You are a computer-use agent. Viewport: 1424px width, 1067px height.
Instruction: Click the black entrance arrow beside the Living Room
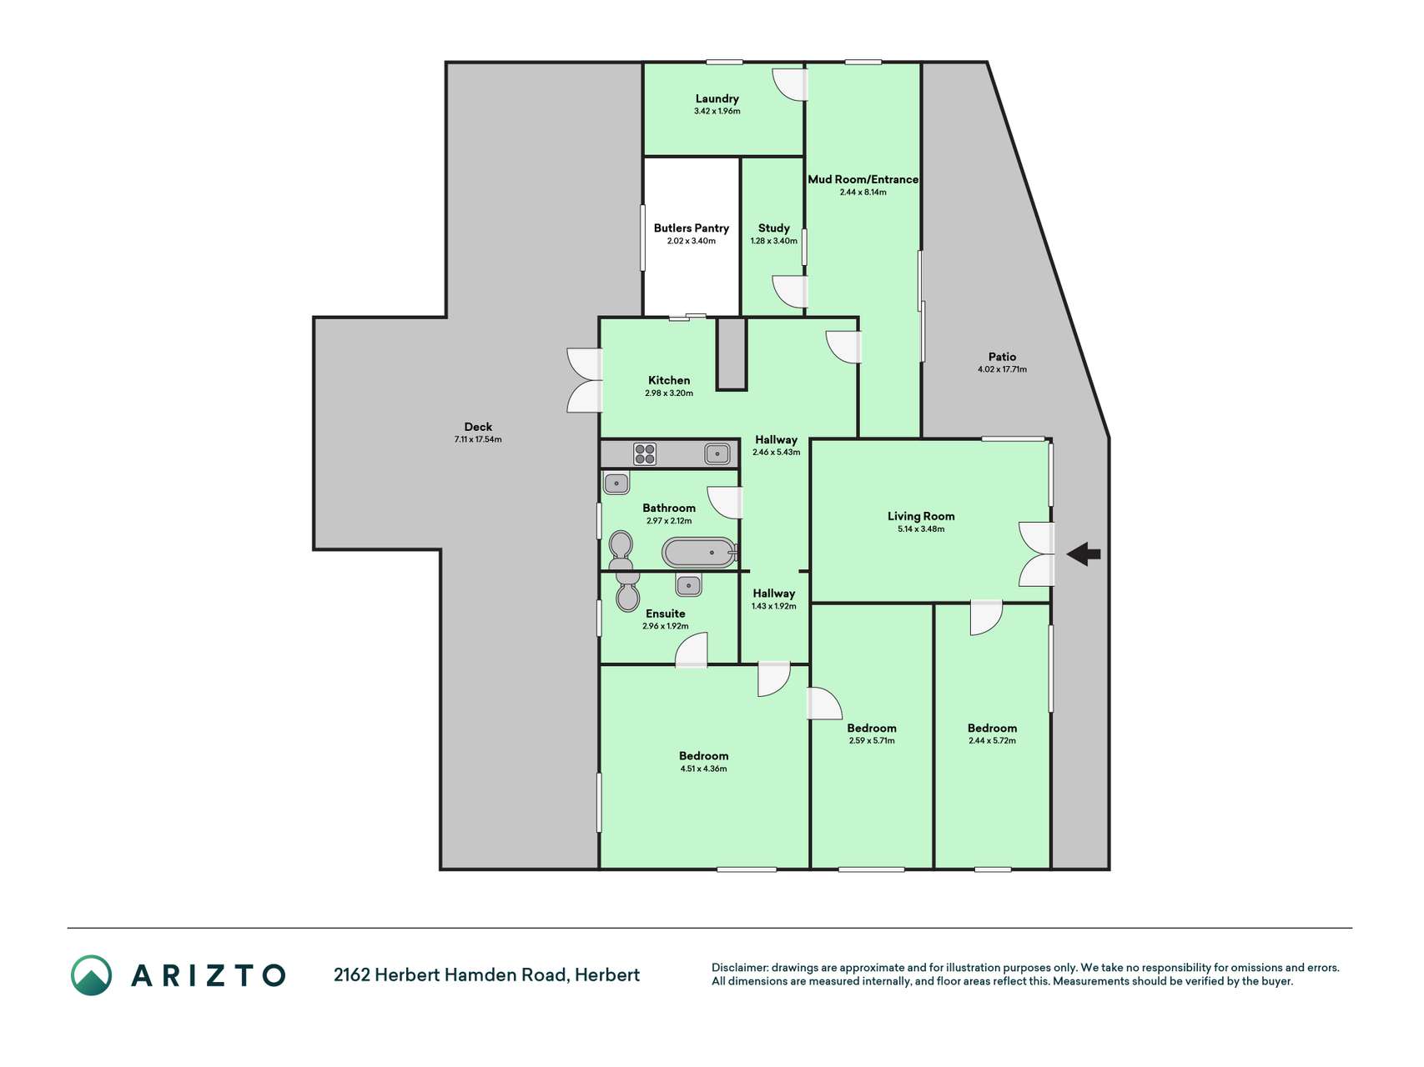click(1084, 554)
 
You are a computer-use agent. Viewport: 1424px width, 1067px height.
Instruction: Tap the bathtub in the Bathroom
click(699, 552)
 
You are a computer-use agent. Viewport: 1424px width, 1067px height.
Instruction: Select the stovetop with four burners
click(645, 453)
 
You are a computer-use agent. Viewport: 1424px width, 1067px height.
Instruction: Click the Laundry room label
click(717, 98)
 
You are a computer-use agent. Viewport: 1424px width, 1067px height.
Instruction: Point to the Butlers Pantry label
click(692, 228)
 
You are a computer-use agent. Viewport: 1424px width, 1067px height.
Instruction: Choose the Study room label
click(774, 228)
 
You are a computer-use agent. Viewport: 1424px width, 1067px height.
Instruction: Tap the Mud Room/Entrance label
click(863, 179)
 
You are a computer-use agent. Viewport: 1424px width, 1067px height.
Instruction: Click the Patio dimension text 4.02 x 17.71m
click(1003, 369)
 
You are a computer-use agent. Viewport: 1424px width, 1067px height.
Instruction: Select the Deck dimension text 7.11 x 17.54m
click(478, 439)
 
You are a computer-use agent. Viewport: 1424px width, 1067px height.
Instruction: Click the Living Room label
click(921, 516)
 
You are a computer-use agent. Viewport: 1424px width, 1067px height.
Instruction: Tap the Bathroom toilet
click(621, 550)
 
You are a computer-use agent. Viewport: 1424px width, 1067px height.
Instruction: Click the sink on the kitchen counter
click(717, 453)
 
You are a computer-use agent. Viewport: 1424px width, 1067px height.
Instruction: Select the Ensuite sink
click(688, 585)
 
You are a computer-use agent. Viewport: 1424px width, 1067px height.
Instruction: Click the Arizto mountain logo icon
click(91, 975)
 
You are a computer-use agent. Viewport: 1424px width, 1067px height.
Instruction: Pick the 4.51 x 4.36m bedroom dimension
click(703, 769)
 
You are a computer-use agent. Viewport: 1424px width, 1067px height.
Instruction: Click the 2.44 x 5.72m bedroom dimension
click(992, 740)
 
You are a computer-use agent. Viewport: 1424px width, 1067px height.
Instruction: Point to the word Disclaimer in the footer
click(739, 968)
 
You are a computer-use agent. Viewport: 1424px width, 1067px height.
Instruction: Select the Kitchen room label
click(669, 380)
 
